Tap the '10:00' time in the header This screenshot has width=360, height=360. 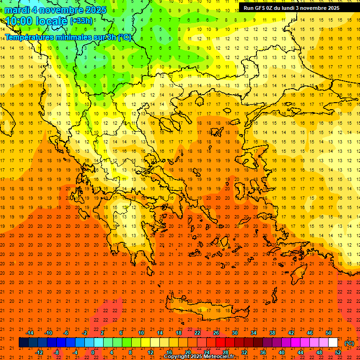tap(19, 21)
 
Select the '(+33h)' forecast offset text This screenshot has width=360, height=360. tap(81, 21)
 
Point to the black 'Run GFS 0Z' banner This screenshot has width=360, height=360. tap(291, 8)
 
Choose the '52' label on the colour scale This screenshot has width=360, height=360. tap(338, 352)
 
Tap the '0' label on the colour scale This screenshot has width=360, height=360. tap(93, 352)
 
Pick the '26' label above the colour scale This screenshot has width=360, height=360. tap(216, 333)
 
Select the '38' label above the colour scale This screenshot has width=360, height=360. tap(272, 333)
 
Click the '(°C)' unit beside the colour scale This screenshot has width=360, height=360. tap(349, 343)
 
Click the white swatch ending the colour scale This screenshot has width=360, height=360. tap(333, 343)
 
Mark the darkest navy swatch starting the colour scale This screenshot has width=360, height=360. tap(23, 343)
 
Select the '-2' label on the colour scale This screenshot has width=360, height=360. tap(84, 333)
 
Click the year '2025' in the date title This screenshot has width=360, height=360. tap(93, 10)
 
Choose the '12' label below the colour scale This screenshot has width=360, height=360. tap(150, 352)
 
